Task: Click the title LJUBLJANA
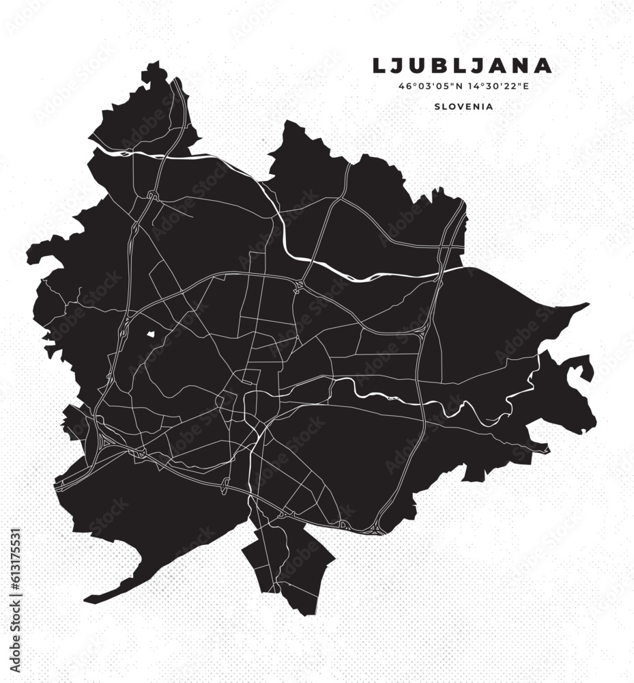462,66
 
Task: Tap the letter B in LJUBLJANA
437,66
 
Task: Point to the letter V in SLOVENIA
461,107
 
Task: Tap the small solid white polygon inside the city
151,335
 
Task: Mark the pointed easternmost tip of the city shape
588,305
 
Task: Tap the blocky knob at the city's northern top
153,69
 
